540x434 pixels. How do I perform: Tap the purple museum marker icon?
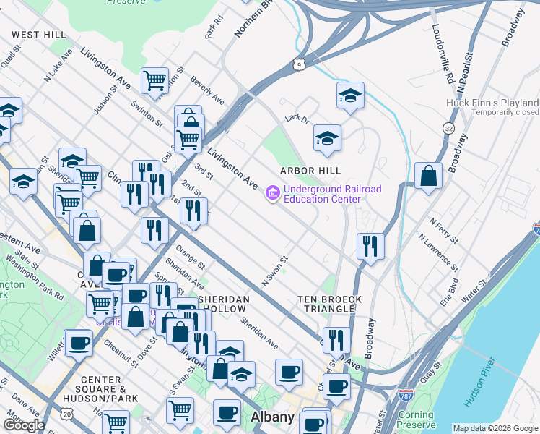click(x=272, y=194)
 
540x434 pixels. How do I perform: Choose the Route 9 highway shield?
click(x=299, y=65)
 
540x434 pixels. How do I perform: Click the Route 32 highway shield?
click(x=448, y=128)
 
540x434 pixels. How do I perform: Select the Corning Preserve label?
click(x=416, y=420)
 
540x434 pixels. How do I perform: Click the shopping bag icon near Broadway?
click(x=428, y=176)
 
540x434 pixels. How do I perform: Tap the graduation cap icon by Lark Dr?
click(x=327, y=138)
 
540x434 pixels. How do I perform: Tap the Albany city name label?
click(x=272, y=417)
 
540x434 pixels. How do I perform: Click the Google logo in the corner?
click(x=24, y=425)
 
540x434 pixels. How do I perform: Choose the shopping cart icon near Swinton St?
click(x=154, y=81)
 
